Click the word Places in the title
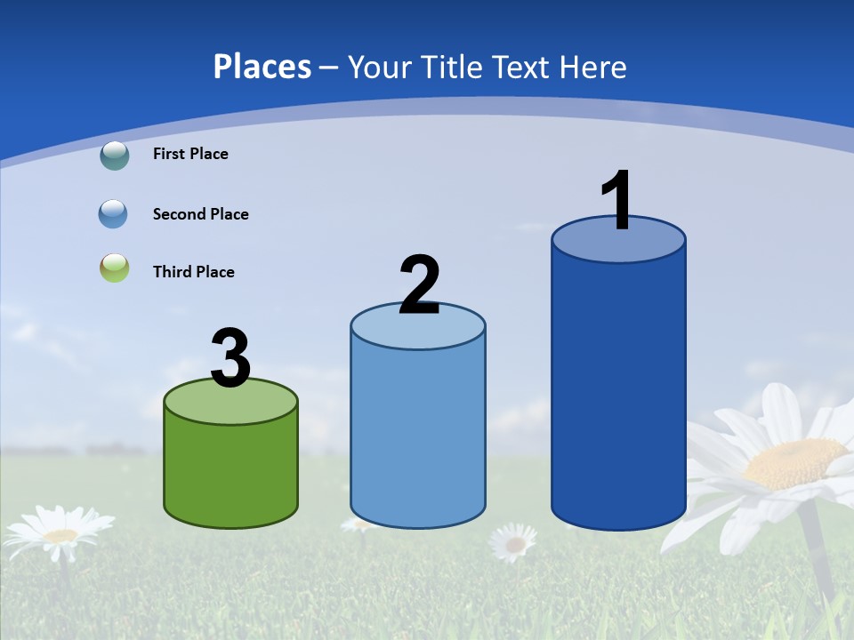(262, 67)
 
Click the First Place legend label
(190, 154)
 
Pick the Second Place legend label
(200, 214)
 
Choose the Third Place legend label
(193, 272)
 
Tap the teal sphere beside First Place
(115, 156)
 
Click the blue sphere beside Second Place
(114, 214)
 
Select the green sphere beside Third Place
(115, 268)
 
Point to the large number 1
(617, 201)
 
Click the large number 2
(419, 285)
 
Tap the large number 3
(230, 360)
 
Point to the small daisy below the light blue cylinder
(513, 541)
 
